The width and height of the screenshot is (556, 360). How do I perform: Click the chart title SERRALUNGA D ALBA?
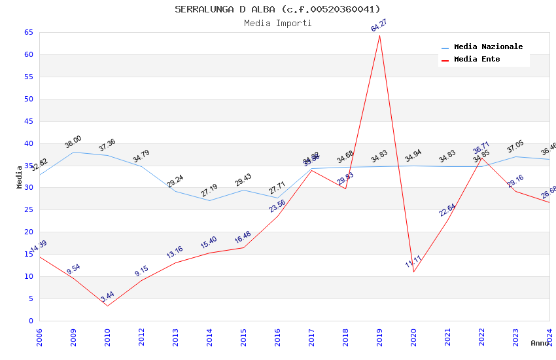coord(277,9)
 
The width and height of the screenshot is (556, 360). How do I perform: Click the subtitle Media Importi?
coord(277,23)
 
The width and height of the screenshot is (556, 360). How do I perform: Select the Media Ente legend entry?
coord(477,60)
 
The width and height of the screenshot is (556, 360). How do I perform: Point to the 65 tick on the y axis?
coord(28,32)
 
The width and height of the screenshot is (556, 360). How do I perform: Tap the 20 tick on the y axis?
coord(28,232)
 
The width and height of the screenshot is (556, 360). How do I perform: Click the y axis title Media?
coord(20,177)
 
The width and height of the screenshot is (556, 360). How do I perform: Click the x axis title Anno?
coord(540,343)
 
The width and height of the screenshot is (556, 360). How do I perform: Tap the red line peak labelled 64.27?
coord(379,35)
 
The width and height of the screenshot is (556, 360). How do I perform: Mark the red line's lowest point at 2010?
coord(107,306)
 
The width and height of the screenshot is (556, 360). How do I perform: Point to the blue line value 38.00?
coord(73,141)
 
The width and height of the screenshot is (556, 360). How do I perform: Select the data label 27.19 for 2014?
coord(209,190)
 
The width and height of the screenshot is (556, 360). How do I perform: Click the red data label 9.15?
coord(142,271)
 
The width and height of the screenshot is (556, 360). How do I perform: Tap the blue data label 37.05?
coord(515,147)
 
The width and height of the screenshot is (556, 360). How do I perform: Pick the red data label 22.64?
coord(447,210)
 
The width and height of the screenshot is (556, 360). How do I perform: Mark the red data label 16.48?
coord(243,237)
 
